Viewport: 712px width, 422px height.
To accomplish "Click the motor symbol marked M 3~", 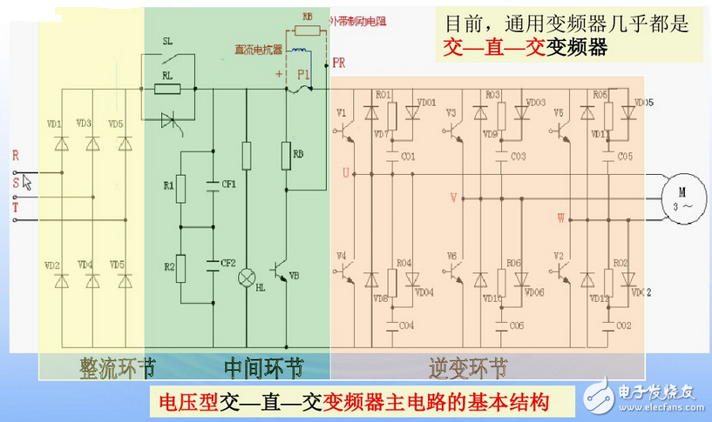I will [681, 197].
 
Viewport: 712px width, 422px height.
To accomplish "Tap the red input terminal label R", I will [15, 156].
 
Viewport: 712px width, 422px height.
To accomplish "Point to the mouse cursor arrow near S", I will [27, 182].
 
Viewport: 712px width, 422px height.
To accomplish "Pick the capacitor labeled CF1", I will [213, 184].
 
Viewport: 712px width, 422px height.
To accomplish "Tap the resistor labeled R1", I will [180, 186].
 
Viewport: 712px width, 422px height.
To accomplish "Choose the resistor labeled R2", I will [180, 265].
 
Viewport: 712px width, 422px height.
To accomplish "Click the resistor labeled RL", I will [167, 89].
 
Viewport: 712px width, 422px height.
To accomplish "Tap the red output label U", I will [346, 173].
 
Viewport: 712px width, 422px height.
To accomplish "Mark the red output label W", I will [560, 216].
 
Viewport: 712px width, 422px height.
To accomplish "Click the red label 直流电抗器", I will [259, 49].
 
